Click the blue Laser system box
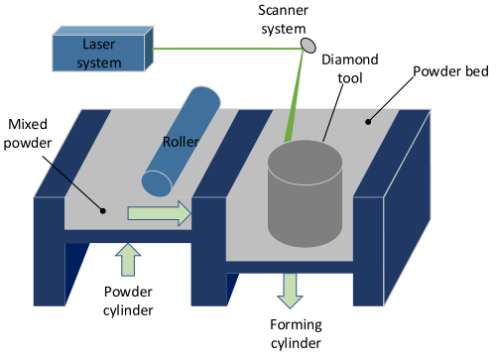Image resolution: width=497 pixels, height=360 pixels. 102,49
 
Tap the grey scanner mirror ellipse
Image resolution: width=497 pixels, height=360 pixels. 308,46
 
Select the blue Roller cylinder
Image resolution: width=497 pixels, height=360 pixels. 181,142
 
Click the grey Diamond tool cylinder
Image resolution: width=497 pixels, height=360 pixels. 305,193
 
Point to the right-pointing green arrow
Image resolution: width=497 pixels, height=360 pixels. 160,213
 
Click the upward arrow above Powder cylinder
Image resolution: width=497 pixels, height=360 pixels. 128,260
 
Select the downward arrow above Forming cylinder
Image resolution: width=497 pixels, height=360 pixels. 290,291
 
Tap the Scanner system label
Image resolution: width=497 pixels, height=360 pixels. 284,20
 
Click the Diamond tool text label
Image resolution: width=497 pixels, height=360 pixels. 350,68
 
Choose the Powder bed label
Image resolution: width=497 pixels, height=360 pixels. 450,71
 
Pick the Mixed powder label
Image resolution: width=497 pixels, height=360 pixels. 28,134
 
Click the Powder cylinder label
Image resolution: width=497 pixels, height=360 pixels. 128,300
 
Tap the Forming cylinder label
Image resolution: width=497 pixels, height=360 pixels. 296,334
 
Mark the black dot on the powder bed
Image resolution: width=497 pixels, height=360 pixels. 368,122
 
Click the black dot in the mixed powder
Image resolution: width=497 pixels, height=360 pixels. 103,210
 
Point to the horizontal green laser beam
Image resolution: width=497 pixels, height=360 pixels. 227,49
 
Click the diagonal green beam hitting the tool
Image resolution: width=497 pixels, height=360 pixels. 294,96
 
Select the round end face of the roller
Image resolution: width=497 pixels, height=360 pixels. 157,183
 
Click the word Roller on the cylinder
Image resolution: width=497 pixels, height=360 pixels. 181,142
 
